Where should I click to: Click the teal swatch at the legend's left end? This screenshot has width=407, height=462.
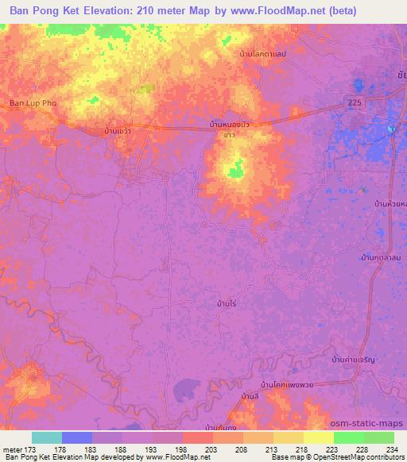pyautogui.click(x=47, y=437)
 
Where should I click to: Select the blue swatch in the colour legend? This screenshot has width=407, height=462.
pyautogui.click(x=77, y=437)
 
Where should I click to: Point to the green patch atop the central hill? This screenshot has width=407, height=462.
pyautogui.click(x=235, y=168)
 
